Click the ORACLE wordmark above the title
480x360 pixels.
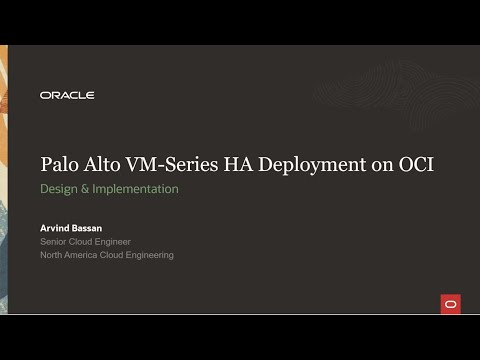(67, 95)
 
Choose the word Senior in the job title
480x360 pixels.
(55, 242)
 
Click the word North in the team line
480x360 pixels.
(53, 255)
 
